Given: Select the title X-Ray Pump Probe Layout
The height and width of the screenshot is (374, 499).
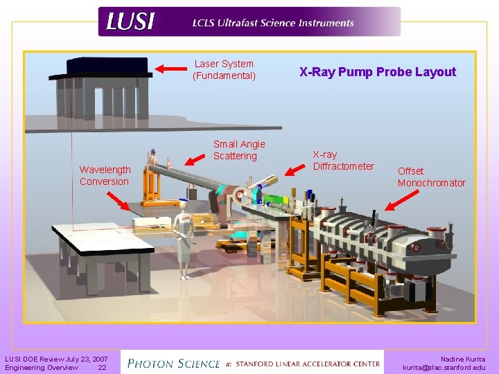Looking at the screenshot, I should pos(377,72).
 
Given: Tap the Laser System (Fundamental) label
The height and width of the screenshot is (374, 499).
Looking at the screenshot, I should pos(224,69).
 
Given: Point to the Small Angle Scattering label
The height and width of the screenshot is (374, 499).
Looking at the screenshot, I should pos(238,150).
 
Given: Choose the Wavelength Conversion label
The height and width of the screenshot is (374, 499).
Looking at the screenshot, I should pos(104,175).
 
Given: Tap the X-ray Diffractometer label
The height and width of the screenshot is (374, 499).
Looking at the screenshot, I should pos(343,161).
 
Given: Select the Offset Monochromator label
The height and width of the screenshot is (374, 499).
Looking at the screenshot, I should pos(431,177).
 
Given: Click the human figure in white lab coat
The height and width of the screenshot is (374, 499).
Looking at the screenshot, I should pos(183,240).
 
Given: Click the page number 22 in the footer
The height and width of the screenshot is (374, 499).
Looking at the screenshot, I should pos(102,368).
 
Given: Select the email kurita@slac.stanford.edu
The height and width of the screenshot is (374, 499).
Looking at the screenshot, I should pos(444,368).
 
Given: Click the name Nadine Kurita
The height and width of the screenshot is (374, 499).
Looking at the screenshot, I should pos(463,359).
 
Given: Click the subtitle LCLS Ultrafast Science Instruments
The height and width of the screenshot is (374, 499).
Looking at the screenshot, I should pos(273,23).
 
